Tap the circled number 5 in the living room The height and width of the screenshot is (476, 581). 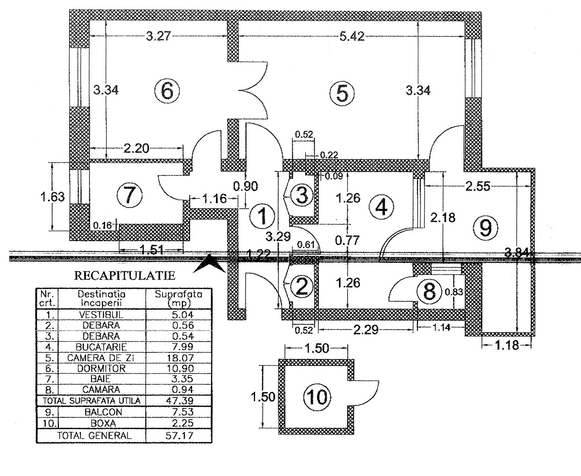(342, 93)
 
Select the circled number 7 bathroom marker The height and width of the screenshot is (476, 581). (129, 195)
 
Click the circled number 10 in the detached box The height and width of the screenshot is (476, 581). (317, 396)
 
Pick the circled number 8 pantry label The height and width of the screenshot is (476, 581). (430, 291)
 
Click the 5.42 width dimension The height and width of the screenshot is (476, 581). (352, 37)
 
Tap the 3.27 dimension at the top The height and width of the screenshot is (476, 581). (159, 36)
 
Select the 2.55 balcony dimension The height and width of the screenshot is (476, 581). (478, 186)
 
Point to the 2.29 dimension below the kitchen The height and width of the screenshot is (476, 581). (366, 330)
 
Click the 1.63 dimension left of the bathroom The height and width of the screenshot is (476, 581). (53, 196)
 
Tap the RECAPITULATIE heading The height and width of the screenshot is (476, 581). (125, 276)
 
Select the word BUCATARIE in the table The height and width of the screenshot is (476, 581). (101, 347)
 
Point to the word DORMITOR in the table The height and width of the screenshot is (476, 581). (101, 368)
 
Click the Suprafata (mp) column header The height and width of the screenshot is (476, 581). (179, 298)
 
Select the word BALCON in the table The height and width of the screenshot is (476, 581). (101, 412)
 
